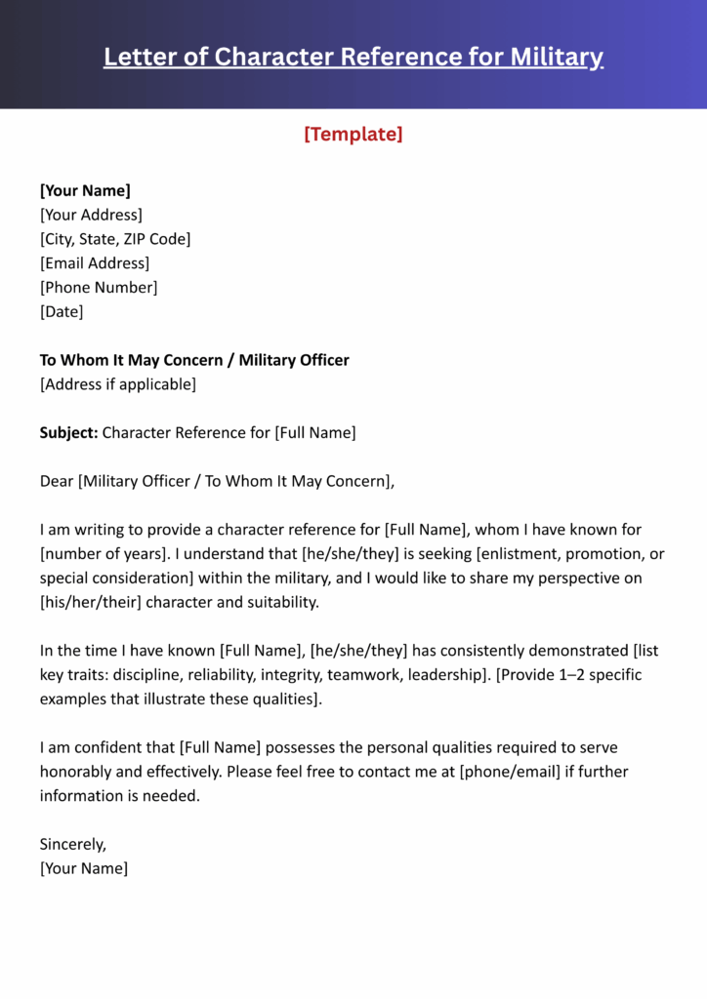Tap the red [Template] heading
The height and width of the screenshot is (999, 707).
tap(353, 134)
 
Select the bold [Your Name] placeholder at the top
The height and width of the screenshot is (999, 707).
tap(85, 190)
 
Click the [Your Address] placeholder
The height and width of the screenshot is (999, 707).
tap(91, 215)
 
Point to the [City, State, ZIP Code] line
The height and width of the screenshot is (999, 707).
tap(115, 239)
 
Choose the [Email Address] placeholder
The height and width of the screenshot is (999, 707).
tap(95, 263)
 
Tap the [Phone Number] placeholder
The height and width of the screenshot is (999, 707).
tap(99, 288)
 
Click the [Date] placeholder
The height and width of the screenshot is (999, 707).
tap(62, 312)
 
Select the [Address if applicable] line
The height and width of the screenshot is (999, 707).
tap(118, 384)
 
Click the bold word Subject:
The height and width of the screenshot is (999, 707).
tap(68, 432)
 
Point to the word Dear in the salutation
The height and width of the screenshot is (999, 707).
tap(57, 481)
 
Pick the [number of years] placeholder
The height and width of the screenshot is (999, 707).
tap(101, 554)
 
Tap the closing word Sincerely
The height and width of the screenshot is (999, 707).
tap(72, 844)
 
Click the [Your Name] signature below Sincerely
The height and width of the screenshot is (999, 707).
tap(84, 868)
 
